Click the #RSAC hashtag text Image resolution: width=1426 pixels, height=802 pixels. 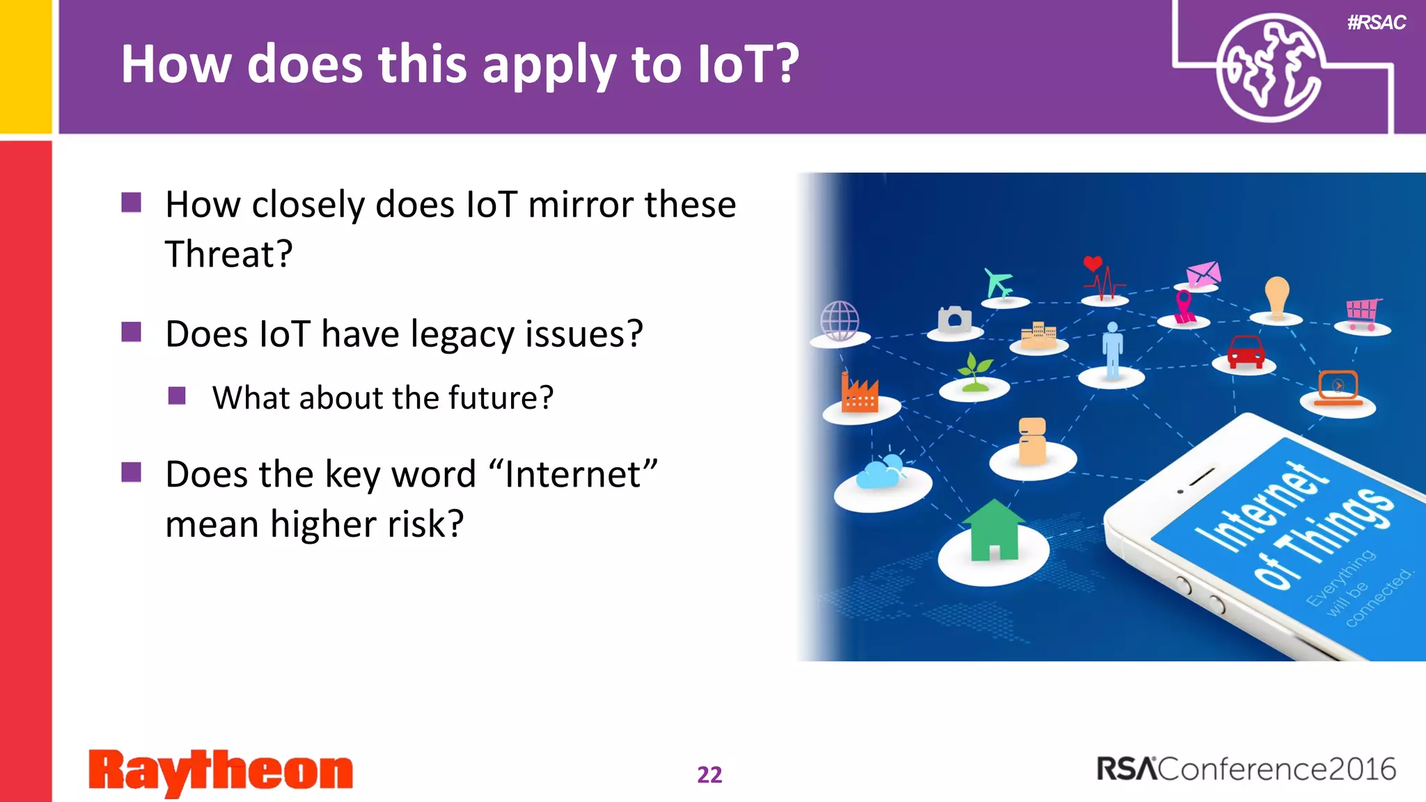[x=1376, y=22]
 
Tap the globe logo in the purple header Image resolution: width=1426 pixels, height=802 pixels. [x=1269, y=68]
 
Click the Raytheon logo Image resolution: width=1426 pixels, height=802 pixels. [x=221, y=771]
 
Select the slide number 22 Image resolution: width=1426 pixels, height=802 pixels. [x=710, y=774]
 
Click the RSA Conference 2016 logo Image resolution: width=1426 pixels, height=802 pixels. [x=1246, y=769]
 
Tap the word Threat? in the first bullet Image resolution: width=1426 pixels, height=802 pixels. [x=228, y=254]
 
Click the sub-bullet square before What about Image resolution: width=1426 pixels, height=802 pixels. [x=177, y=396]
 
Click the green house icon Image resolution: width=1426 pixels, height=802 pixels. [x=994, y=530]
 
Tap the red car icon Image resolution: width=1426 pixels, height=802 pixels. [x=1246, y=352]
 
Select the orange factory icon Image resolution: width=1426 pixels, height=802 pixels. [x=859, y=393]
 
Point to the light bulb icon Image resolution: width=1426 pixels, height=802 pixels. [x=1277, y=296]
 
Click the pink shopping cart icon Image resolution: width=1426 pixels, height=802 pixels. [x=1362, y=313]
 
